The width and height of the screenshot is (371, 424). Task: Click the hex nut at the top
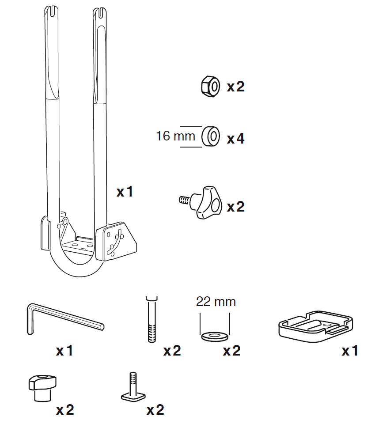211,87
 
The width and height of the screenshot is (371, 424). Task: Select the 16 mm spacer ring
211,136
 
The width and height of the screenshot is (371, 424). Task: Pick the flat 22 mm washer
215,337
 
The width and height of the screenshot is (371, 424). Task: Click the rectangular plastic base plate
315,326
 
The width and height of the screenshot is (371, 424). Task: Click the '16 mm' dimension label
175,136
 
